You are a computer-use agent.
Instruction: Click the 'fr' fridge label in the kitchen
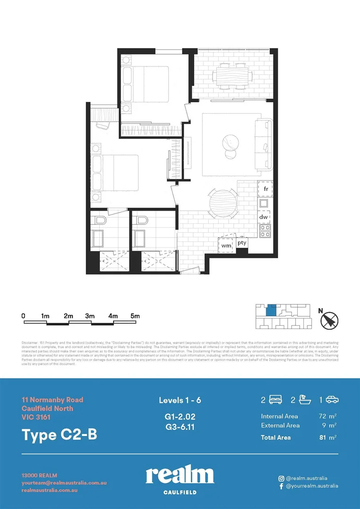click(x=266, y=189)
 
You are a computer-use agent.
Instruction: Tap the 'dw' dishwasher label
click(x=264, y=217)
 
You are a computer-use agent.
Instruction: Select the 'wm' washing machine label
click(x=227, y=246)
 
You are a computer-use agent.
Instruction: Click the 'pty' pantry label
click(x=242, y=243)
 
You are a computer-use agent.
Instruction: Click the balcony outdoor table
click(x=232, y=76)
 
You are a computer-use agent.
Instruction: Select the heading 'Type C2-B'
click(x=59, y=435)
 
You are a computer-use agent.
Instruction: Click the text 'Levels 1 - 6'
click(x=180, y=401)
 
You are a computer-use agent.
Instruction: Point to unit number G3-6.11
click(x=180, y=427)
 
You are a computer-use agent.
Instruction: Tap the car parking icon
click(x=332, y=400)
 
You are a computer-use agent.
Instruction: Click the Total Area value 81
click(x=323, y=438)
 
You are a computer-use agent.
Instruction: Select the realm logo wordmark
click(x=180, y=476)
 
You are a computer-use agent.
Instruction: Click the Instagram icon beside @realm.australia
click(x=281, y=478)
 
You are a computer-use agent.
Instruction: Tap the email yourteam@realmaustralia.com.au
click(x=64, y=483)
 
